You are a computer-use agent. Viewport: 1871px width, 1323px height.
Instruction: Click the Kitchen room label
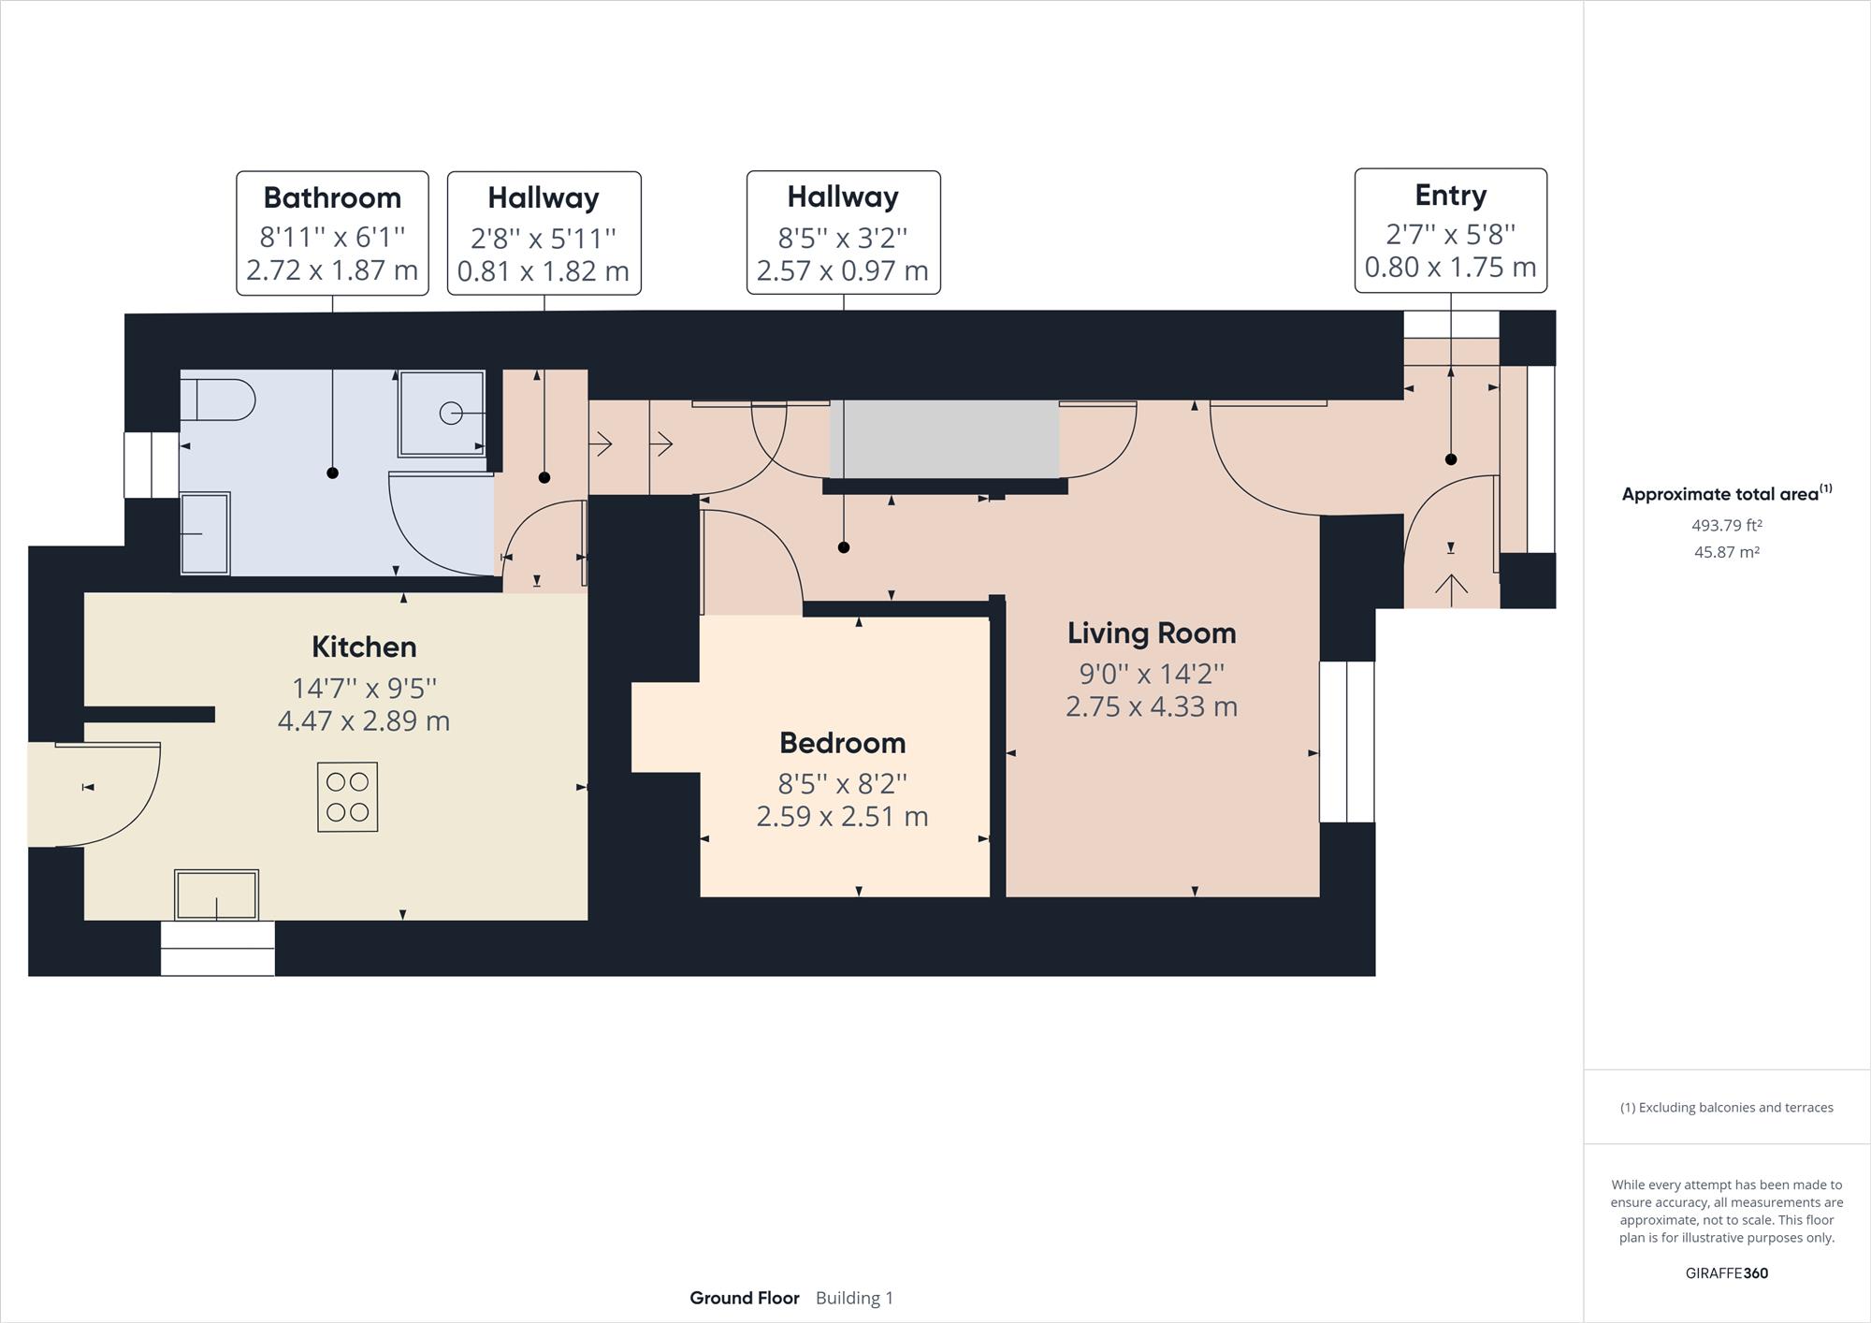[364, 647]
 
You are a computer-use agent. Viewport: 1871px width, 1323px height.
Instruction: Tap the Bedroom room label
[843, 743]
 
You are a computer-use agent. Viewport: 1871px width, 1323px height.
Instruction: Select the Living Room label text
[1152, 633]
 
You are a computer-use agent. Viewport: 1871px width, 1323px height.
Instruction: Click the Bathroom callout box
[332, 233]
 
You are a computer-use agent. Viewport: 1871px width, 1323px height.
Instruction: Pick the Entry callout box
[1451, 230]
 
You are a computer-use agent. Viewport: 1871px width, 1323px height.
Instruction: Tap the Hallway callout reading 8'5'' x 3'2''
[843, 232]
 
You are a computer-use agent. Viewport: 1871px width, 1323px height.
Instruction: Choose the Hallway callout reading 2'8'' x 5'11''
[544, 233]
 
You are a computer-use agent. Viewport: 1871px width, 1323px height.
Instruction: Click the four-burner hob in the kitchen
[347, 797]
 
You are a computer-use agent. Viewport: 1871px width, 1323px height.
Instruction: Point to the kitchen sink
[216, 895]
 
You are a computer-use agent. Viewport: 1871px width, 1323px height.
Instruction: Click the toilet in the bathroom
[217, 400]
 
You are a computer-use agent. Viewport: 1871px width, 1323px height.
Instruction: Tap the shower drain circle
[451, 413]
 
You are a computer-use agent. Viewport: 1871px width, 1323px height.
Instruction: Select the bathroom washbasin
[205, 533]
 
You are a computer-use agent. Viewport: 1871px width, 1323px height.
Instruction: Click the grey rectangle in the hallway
[945, 439]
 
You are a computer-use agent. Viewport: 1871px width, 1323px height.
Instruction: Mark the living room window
[1347, 742]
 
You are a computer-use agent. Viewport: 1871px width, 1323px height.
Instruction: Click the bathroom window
[152, 465]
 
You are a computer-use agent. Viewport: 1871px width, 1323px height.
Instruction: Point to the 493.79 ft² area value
[1727, 525]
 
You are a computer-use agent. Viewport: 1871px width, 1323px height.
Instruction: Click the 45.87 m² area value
[1727, 552]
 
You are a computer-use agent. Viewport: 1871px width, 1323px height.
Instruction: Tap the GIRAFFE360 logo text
[1727, 1272]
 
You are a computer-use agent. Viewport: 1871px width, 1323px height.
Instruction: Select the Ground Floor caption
[745, 1298]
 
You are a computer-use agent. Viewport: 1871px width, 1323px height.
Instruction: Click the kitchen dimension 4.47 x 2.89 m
[364, 721]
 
